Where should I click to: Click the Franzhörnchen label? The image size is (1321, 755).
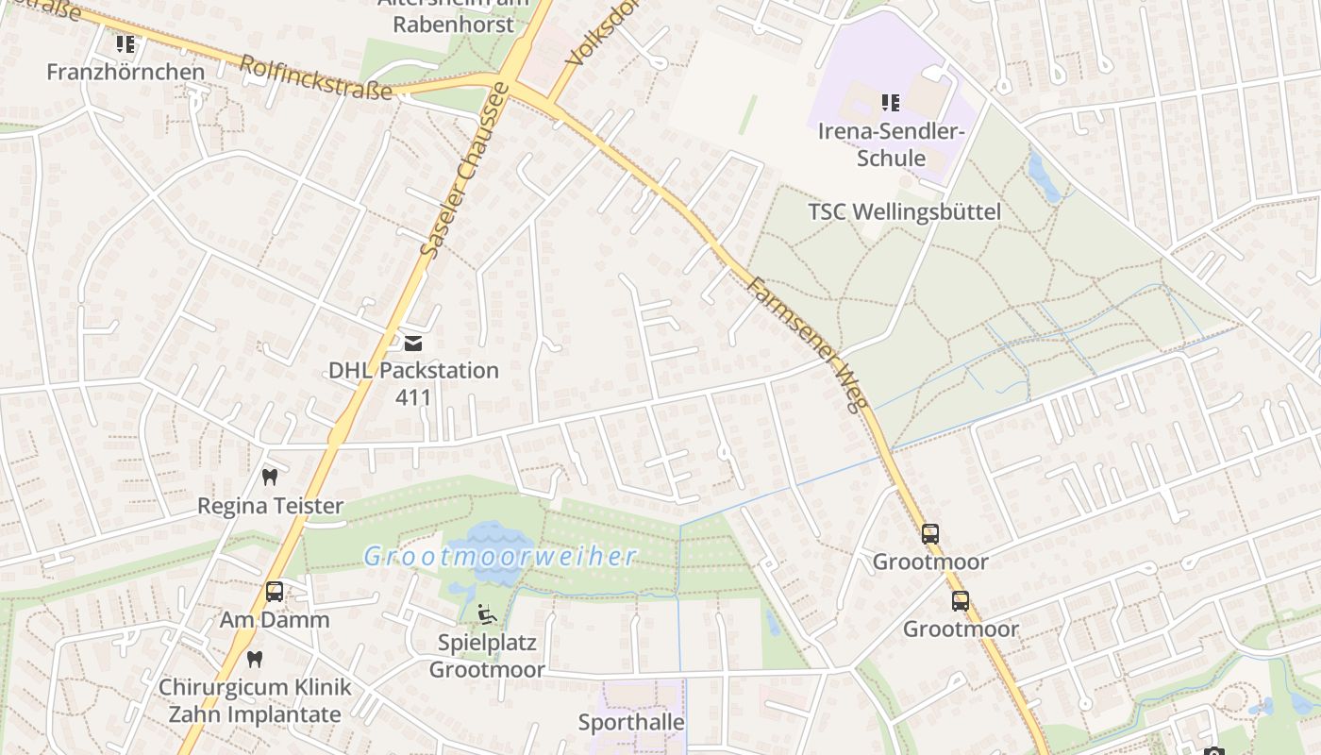[x=125, y=72]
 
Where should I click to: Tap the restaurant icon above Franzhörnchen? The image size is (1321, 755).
[x=125, y=44]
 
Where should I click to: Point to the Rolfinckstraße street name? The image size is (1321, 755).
[x=315, y=77]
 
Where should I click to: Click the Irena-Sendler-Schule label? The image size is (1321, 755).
[x=891, y=143]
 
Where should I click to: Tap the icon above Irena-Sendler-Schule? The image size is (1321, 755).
[x=891, y=102]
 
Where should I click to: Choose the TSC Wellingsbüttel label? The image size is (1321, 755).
[x=904, y=211]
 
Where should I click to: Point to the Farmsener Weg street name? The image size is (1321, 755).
[x=807, y=344]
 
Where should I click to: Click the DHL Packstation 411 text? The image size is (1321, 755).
[x=413, y=382]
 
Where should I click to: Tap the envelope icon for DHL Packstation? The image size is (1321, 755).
[x=413, y=343]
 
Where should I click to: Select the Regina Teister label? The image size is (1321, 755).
[x=270, y=506]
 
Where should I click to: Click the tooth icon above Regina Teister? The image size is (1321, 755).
[x=270, y=478]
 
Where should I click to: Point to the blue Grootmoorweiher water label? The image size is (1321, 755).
[x=500, y=556]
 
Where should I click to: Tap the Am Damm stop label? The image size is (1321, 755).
[x=275, y=620]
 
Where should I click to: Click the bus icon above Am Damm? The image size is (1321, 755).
[x=275, y=592]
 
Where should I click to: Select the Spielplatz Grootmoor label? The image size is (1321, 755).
[x=487, y=656]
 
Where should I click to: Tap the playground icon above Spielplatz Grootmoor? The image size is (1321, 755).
[x=486, y=614]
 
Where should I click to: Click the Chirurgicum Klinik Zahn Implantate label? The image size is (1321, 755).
[x=255, y=700]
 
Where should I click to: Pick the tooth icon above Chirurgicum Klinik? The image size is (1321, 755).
[x=254, y=659]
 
